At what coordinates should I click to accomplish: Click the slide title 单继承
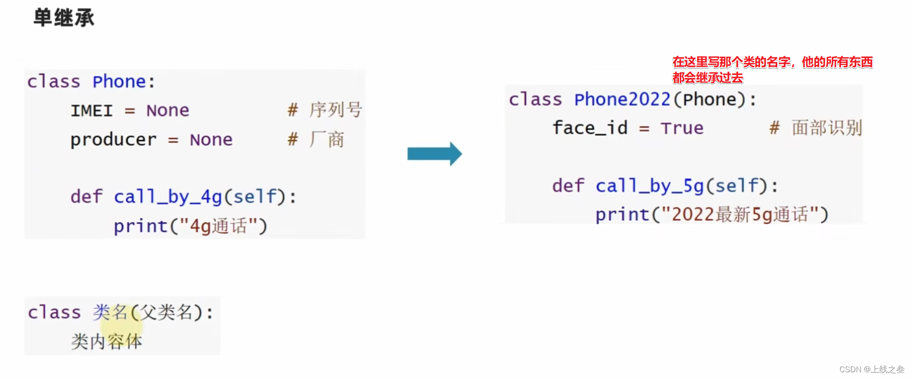[64, 18]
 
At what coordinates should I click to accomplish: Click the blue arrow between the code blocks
[434, 154]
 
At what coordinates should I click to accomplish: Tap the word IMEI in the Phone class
[92, 111]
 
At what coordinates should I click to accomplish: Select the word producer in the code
[113, 140]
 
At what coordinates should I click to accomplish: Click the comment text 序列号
[335, 110]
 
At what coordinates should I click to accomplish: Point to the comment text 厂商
[327, 140]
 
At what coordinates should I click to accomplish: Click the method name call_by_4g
[167, 197]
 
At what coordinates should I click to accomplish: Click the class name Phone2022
[622, 100]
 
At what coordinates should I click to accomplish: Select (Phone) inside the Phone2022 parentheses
[709, 100]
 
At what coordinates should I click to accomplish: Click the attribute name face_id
[590, 128]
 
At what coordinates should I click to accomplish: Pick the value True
[682, 128]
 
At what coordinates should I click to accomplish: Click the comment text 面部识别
[827, 128]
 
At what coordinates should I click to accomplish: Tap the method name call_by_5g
[649, 186]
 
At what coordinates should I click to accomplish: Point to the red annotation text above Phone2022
[772, 69]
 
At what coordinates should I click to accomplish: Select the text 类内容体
[107, 342]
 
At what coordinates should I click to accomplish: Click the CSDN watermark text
[871, 369]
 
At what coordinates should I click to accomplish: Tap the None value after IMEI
[167, 111]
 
